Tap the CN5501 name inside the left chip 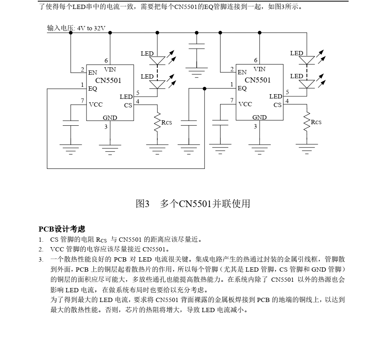pos(108,81)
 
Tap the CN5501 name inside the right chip pos(257,80)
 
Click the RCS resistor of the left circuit pos(157,122)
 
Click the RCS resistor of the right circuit pos(307,122)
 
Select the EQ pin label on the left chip pos(93,88)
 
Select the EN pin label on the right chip pos(242,72)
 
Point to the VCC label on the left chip pos(95,104)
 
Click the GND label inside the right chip pos(259,117)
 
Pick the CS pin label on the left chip pos(128,105)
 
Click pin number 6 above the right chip pos(256,60)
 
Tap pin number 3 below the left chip pos(106,126)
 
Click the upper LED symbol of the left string pos(157,60)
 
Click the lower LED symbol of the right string pos(307,83)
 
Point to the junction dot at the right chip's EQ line pos(204,89)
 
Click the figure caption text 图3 pos(142,203)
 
